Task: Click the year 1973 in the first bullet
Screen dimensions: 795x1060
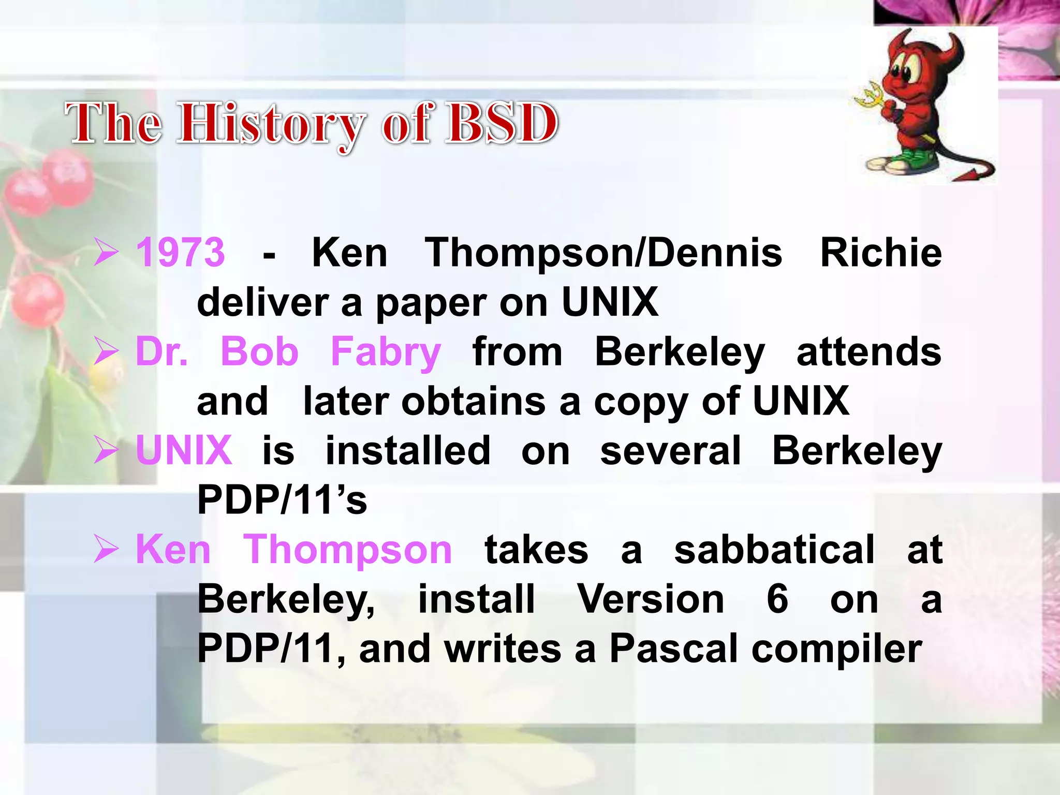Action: click(180, 253)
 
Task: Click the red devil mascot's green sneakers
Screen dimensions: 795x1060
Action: click(909, 161)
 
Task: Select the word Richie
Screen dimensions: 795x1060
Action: click(881, 253)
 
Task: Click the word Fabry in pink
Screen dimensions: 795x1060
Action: click(386, 352)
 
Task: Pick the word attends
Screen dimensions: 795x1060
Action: click(868, 352)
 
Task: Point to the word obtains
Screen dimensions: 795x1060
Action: click(473, 402)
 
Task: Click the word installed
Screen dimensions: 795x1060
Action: click(408, 451)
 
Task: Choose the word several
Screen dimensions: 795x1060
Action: click(670, 451)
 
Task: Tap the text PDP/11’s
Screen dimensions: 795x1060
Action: click(282, 500)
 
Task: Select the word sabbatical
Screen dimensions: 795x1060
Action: click(774, 550)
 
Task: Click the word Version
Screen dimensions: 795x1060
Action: click(650, 599)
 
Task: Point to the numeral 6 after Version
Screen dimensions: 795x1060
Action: click(777, 599)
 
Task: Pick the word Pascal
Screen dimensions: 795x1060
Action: click(673, 649)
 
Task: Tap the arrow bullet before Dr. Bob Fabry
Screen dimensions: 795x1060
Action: click(107, 351)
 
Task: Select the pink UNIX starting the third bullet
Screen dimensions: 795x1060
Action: click(184, 451)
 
